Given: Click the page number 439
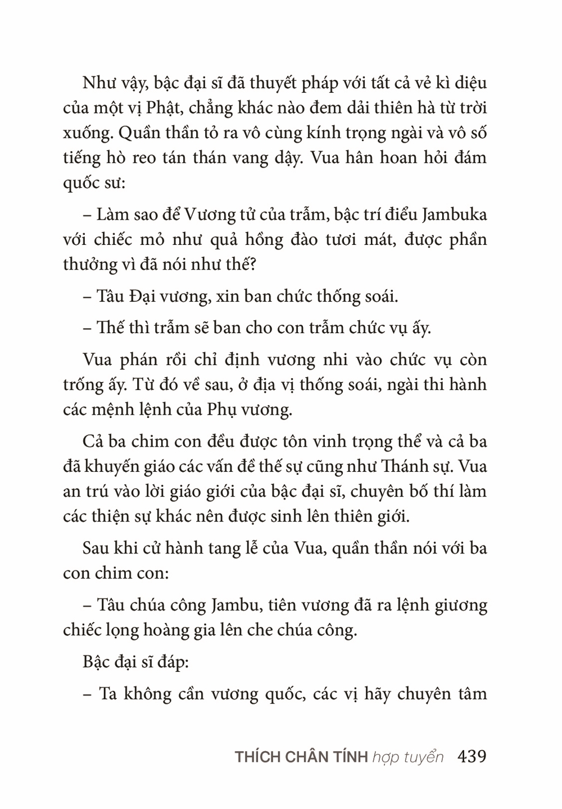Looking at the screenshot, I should (x=472, y=756).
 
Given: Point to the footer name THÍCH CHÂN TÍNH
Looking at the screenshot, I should (x=301, y=757).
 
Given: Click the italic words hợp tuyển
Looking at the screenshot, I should (x=408, y=757).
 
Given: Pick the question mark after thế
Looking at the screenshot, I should (x=252, y=265).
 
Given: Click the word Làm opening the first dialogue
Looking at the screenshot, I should (x=112, y=215).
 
